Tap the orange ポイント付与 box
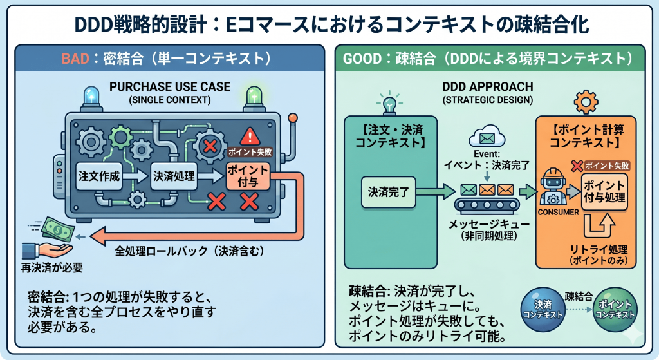(x=247, y=178)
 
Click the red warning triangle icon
(x=248, y=137)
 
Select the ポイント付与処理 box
(x=604, y=192)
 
